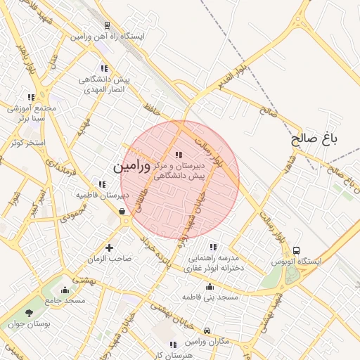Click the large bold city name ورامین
pyautogui.click(x=131, y=167)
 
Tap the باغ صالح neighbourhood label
pyautogui.click(x=315, y=139)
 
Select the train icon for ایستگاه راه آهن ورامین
pyautogui.click(x=105, y=25)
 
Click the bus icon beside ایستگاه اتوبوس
pyautogui.click(x=296, y=250)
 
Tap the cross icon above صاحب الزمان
pyautogui.click(x=109, y=247)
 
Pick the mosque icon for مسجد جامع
pyautogui.click(x=65, y=290)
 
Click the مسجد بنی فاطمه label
pyautogui.click(x=210, y=297)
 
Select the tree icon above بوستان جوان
pyautogui.click(x=29, y=313)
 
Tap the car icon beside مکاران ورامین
pyautogui.click(x=207, y=330)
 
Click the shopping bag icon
pyautogui.click(x=122, y=210)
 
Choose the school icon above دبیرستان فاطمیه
pyautogui.click(x=103, y=184)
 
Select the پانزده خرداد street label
pyautogui.click(x=155, y=252)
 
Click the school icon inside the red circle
pyautogui.click(x=178, y=155)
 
